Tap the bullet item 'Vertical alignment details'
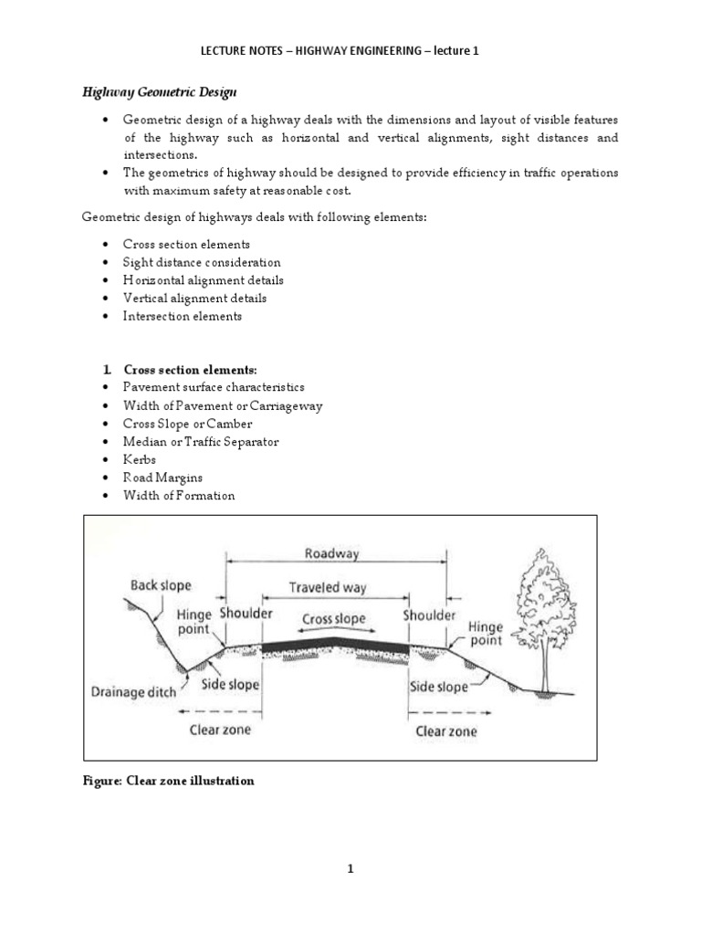tap(195, 298)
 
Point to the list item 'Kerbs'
tap(140, 459)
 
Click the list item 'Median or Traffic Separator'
tap(201, 441)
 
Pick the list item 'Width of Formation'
tap(179, 495)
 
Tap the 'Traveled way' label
tap(328, 588)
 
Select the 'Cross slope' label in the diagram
tap(334, 619)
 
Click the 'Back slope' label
tap(161, 585)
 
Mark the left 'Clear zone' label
tap(220, 730)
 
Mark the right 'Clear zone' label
tap(446, 730)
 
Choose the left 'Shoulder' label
tap(245, 615)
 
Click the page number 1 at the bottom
tap(350, 869)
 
